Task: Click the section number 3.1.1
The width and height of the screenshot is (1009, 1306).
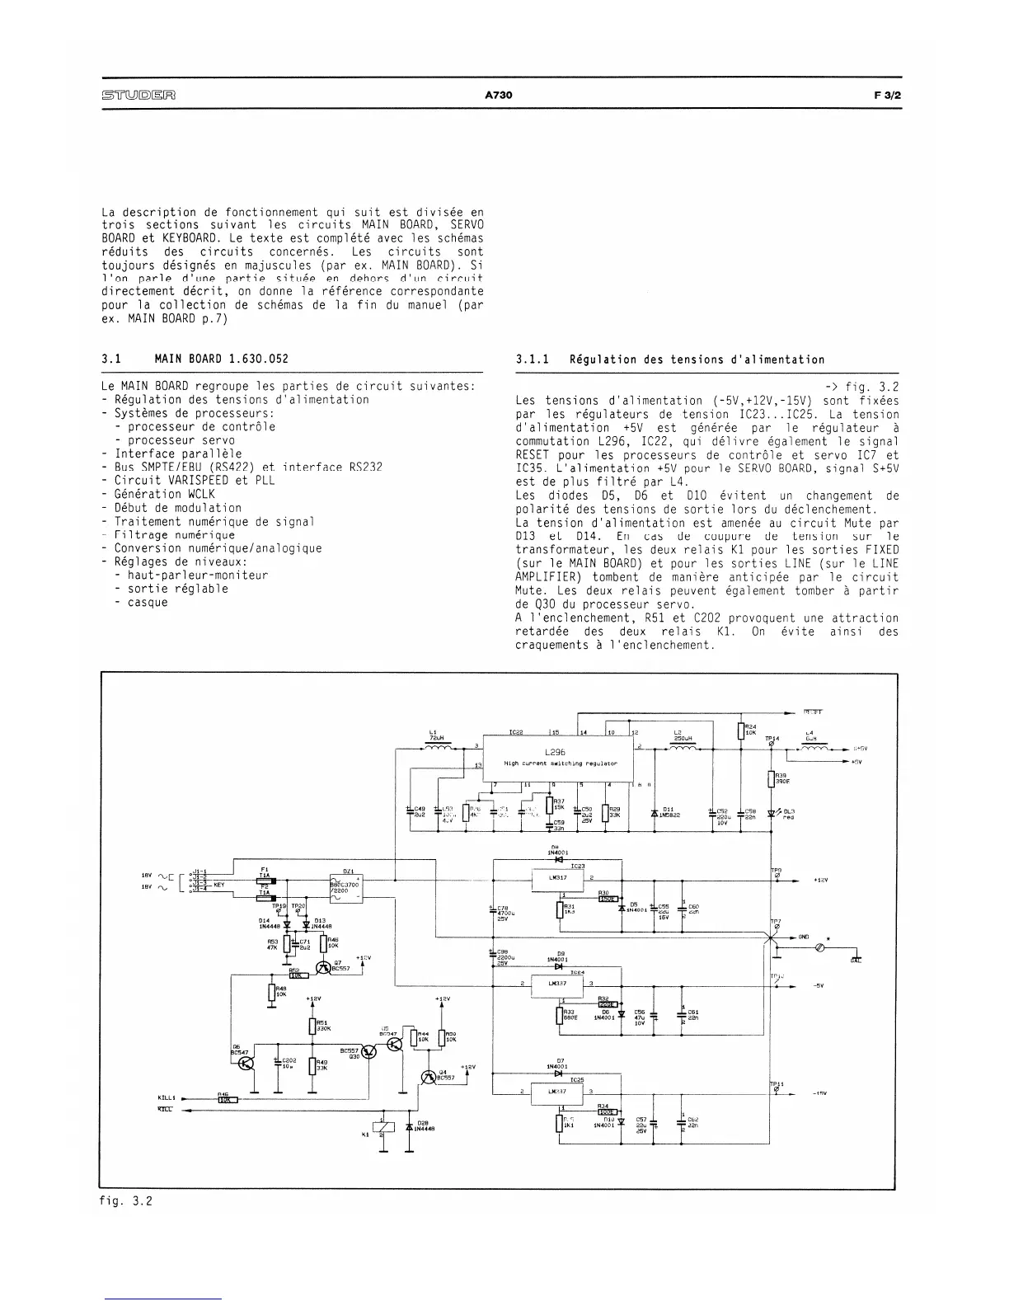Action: coord(532,359)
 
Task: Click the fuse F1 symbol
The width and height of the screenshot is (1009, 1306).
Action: coord(265,877)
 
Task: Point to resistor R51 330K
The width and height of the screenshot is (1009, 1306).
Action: coord(312,1026)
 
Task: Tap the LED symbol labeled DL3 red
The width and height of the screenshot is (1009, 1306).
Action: coord(772,813)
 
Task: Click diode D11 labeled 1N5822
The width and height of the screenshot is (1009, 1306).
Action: coord(654,813)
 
